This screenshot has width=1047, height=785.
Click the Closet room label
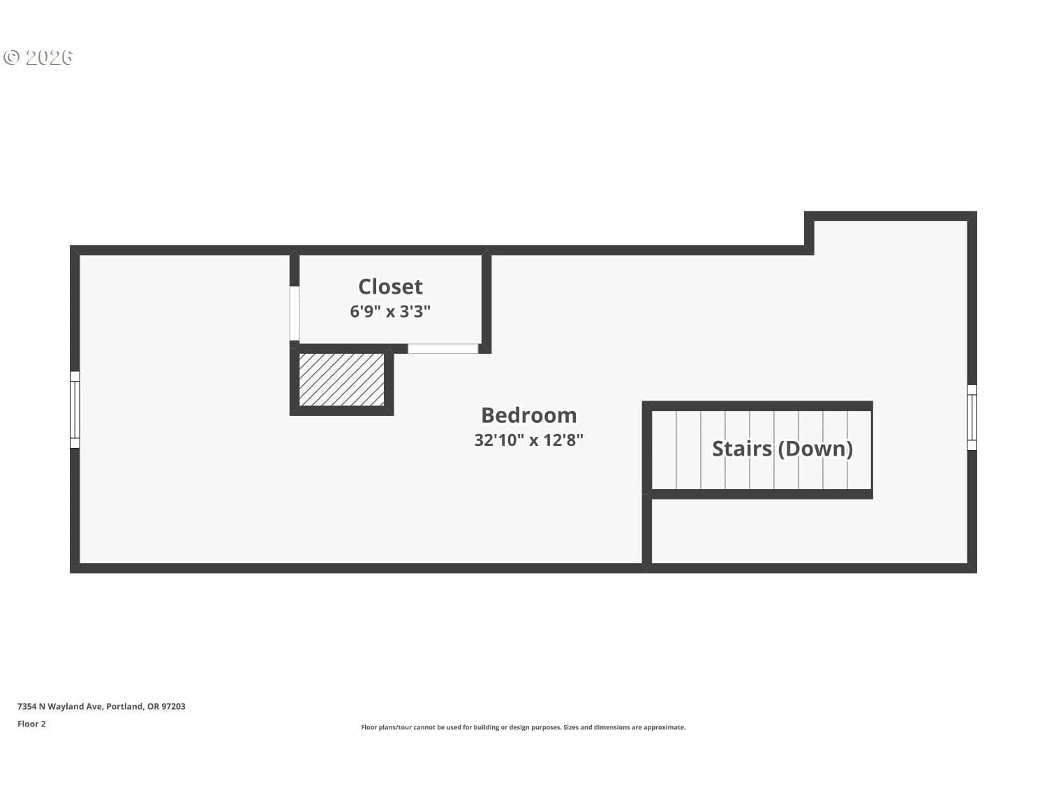point(389,287)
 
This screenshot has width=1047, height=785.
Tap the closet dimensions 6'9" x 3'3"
point(389,311)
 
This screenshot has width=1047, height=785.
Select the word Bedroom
point(528,415)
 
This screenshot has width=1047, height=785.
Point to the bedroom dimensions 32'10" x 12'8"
point(528,440)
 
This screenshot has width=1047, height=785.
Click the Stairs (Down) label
point(782,449)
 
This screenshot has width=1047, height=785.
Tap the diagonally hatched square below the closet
point(341,380)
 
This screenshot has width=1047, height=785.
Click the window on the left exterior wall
point(75,410)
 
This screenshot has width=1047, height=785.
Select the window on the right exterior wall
point(972,417)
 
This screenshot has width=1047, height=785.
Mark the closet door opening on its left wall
point(295,313)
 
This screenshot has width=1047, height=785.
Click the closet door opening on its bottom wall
point(443,348)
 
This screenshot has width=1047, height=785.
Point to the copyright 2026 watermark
point(38,58)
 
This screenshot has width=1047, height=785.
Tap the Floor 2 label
point(31,724)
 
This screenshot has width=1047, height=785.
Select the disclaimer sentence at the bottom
point(523,727)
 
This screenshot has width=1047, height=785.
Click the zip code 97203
point(173,706)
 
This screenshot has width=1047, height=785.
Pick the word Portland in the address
point(124,706)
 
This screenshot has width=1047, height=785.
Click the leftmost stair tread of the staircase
point(664,450)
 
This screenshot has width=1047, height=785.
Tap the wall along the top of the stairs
point(757,406)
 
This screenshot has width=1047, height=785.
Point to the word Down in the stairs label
point(815,449)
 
